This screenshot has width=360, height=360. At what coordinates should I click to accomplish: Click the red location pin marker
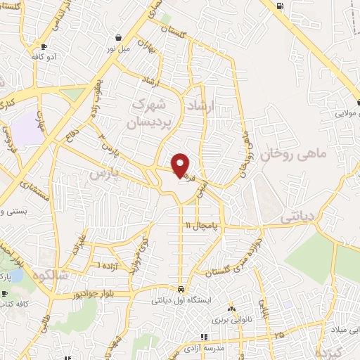pos(181,165)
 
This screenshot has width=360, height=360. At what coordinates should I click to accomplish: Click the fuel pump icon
pos(280,6)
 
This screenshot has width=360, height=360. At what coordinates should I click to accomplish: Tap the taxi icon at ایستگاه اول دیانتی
pos(181,289)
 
